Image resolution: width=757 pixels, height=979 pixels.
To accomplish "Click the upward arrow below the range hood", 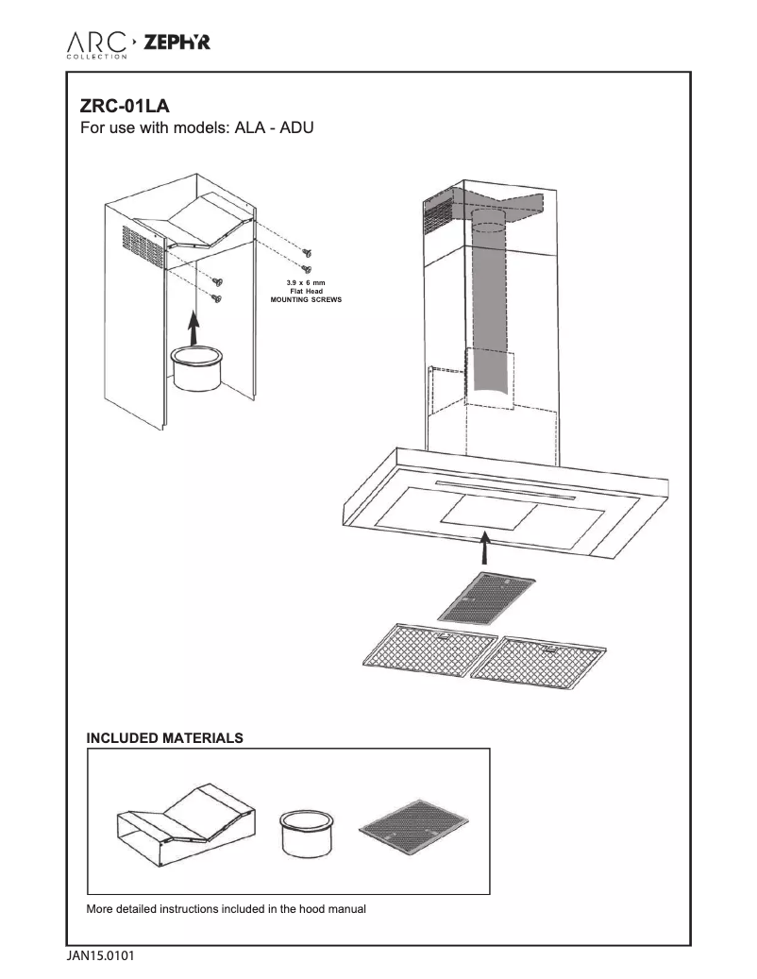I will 483,548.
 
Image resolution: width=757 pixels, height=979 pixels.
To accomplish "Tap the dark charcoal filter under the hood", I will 487,597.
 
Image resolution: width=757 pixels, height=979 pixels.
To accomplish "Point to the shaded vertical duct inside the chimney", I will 489,312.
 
